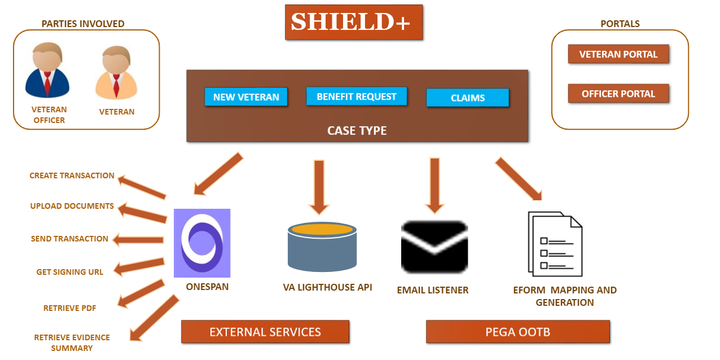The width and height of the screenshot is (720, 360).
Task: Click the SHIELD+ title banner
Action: pos(354,22)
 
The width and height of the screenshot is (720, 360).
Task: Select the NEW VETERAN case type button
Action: pos(246,96)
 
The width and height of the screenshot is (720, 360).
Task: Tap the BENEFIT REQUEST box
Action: pos(357,96)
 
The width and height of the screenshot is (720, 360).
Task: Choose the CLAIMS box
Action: pos(468,98)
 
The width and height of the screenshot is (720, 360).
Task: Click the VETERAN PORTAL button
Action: pos(618,54)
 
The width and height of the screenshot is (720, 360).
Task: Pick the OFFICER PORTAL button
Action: pos(618,94)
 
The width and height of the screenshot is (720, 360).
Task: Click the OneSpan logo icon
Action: pos(202,243)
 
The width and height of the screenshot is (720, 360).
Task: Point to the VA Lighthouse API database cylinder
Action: pos(322,247)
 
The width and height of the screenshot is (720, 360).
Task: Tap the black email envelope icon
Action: pos(434,247)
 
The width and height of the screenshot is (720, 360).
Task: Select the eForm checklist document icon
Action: pos(555,244)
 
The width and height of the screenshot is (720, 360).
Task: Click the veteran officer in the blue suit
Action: pos(47,70)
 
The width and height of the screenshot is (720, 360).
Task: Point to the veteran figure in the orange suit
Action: pos(116,72)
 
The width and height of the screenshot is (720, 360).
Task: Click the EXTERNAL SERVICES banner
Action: pos(265,332)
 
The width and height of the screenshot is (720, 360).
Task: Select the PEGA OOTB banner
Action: pos(518,332)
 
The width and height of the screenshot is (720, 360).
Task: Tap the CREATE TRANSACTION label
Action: pos(72,175)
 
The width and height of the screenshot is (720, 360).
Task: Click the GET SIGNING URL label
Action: pos(70,272)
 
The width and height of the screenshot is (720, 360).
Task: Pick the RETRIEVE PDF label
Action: pos(70,308)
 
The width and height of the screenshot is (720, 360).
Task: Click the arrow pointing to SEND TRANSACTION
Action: pos(138,240)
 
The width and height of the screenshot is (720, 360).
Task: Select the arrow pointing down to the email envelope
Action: pos(434,186)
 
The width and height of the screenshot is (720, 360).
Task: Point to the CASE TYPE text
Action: pos(357,130)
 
